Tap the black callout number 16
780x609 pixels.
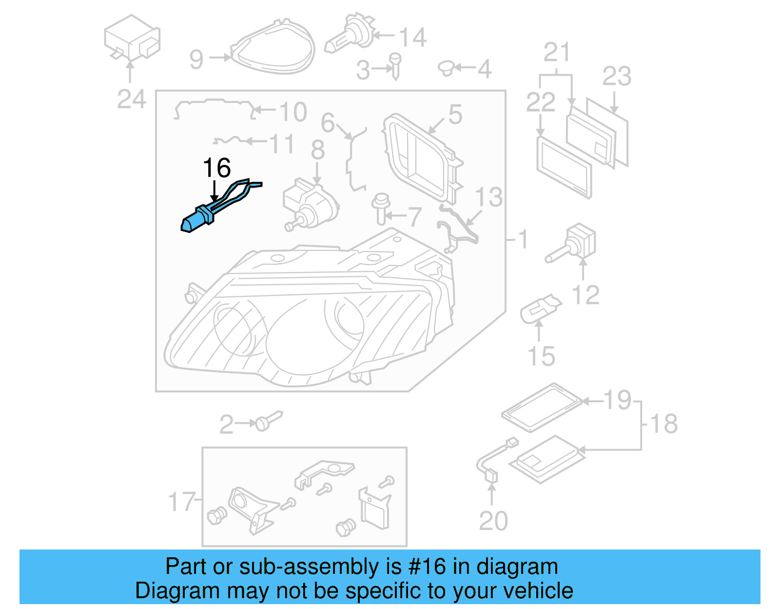(x=216, y=168)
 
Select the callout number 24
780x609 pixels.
(x=131, y=99)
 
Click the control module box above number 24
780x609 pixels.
(x=132, y=38)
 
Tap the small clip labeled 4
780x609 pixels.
(x=446, y=68)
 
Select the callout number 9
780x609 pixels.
(x=196, y=59)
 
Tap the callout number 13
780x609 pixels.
(x=488, y=197)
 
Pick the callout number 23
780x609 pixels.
(x=617, y=77)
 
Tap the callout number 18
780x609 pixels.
(x=663, y=424)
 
